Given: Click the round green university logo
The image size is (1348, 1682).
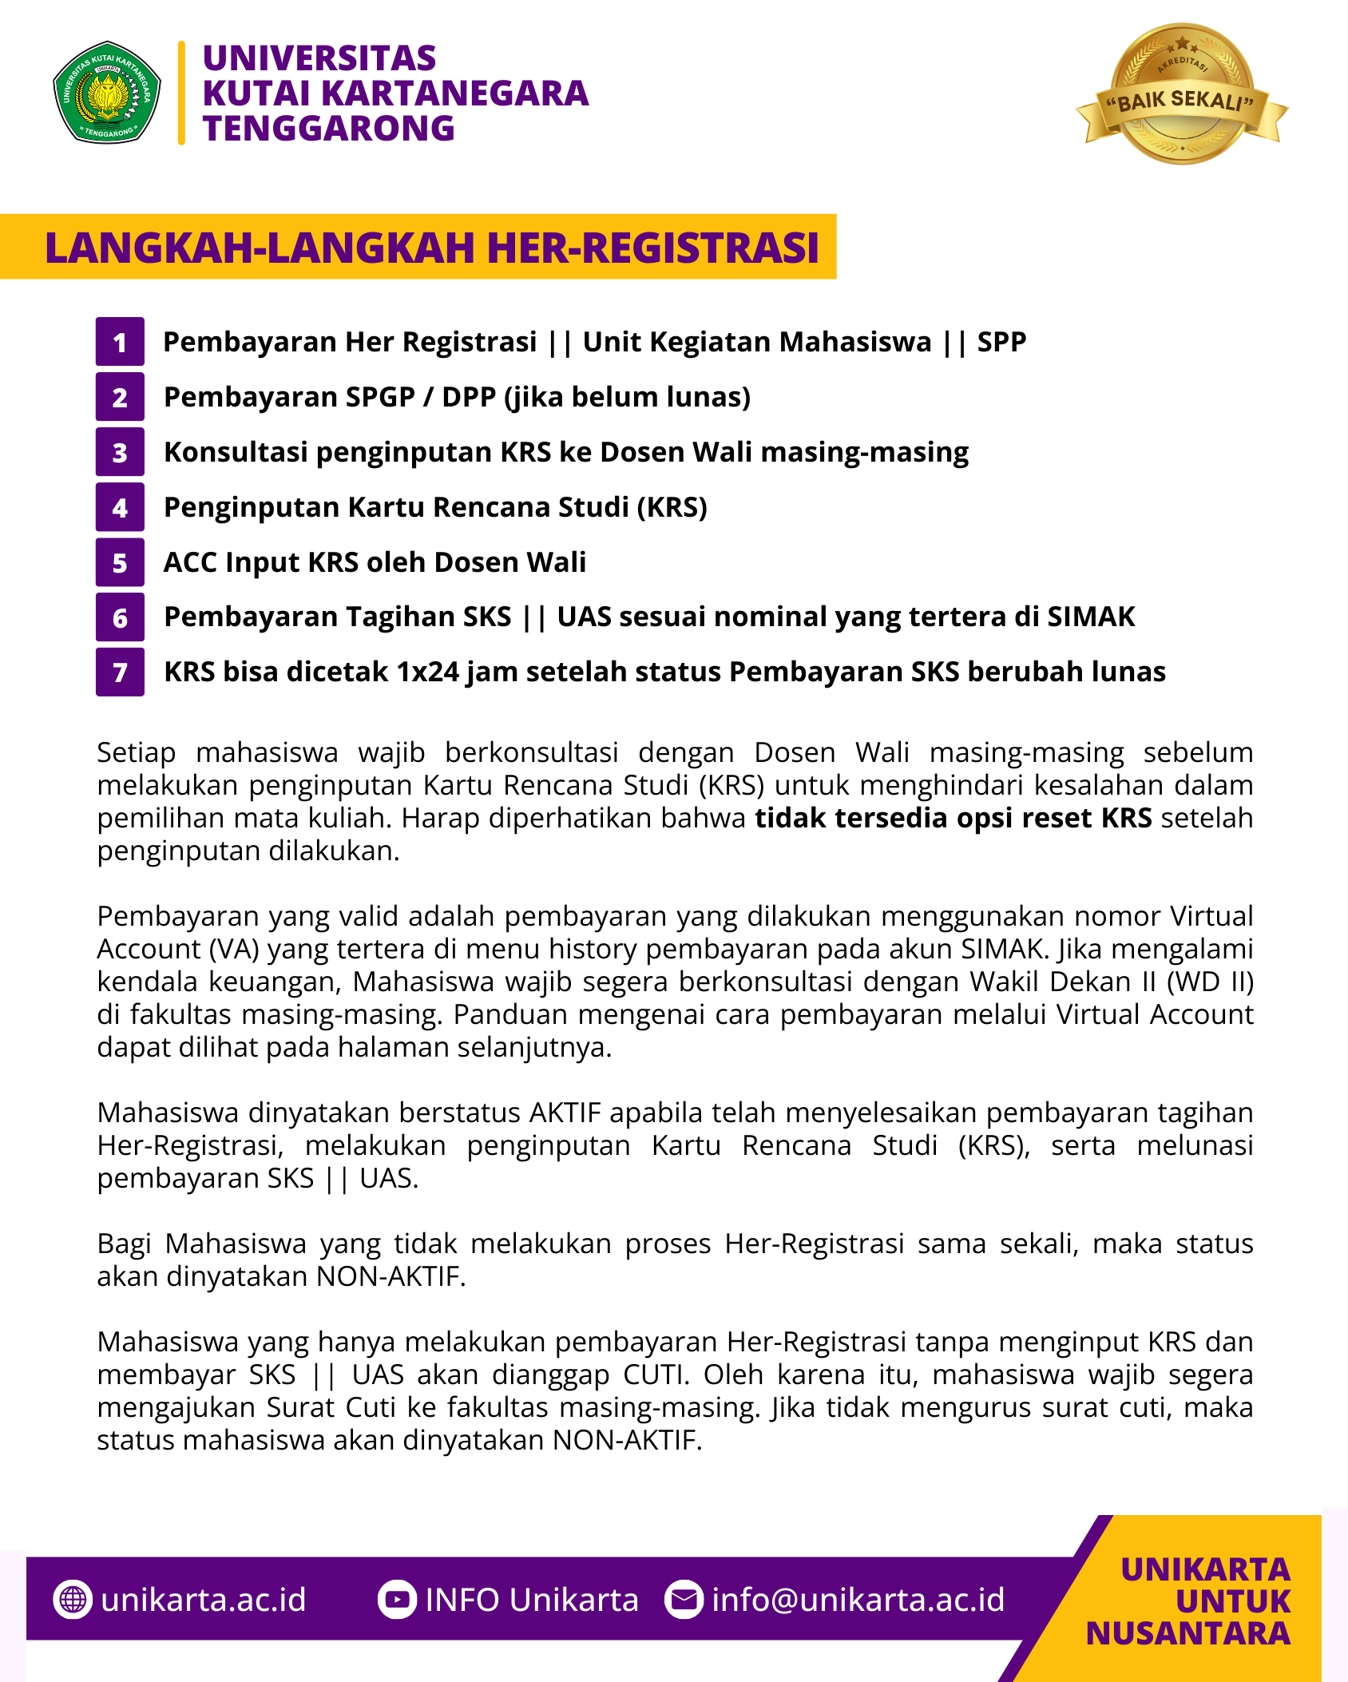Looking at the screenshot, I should coord(107,93).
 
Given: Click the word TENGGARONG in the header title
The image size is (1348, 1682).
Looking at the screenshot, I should coord(328,129).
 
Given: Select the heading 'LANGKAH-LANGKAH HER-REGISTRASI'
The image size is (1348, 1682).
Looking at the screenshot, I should coord(431,247).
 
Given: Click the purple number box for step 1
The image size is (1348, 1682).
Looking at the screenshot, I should coord(120,342).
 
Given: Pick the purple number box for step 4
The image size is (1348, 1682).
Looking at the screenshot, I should coord(120,507).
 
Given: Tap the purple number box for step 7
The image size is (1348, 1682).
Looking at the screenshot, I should coord(120,672).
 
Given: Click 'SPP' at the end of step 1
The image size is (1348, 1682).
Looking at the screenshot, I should coord(1001,342).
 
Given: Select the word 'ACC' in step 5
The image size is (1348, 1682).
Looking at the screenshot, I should coord(191,562).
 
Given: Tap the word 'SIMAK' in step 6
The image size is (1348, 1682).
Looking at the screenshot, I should coord(1091,617).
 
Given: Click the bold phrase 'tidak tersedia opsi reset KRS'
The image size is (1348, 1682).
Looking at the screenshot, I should coord(954,818).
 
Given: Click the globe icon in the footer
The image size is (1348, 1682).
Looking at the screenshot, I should coord(73,1600).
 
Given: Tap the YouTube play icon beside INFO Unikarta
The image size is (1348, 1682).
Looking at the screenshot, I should coord(397,1600).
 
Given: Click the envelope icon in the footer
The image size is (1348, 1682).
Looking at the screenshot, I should coord(684,1600).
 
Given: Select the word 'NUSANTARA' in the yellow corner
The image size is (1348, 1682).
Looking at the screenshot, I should coord(1188,1633).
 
